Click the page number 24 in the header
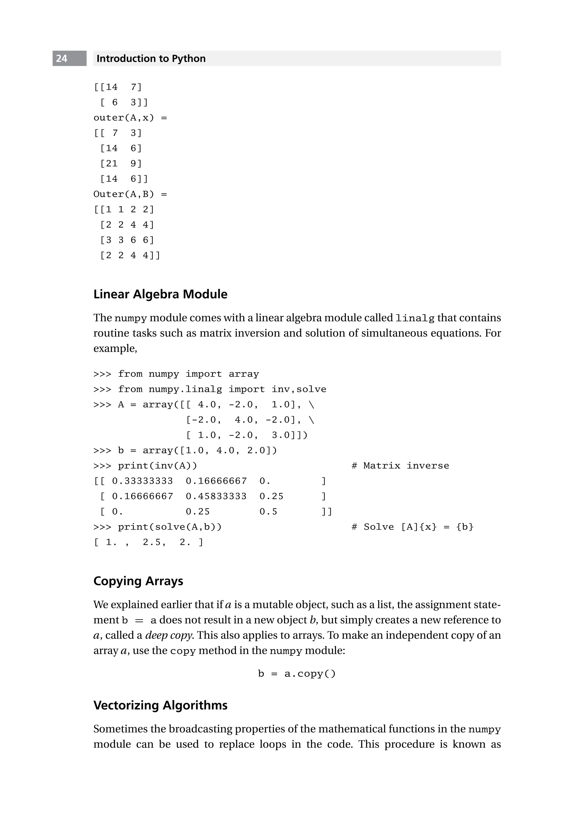(x=62, y=59)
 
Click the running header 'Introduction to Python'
(x=151, y=59)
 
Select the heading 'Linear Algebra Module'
(x=160, y=294)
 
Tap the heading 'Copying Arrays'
(x=138, y=581)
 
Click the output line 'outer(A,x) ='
(x=130, y=118)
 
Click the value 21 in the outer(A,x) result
(x=112, y=164)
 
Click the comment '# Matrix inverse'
(x=400, y=466)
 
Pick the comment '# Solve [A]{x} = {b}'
(x=412, y=527)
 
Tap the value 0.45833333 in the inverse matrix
(x=216, y=497)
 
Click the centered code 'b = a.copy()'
(x=297, y=674)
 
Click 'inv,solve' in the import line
(x=299, y=390)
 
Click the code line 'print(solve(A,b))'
(x=170, y=527)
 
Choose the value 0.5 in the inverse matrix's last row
(x=268, y=512)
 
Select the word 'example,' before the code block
(x=115, y=348)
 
